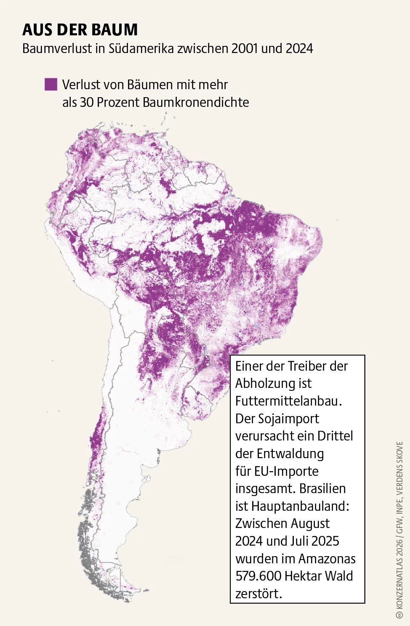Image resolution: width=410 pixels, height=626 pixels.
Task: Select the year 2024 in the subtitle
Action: pos(299,48)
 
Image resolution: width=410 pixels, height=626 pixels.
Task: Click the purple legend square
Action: pos(51,84)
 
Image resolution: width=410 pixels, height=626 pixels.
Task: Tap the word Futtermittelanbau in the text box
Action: pos(288,401)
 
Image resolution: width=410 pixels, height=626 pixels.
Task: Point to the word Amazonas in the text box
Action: pos(327,558)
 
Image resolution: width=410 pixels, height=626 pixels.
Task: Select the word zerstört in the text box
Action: pos(258,594)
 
